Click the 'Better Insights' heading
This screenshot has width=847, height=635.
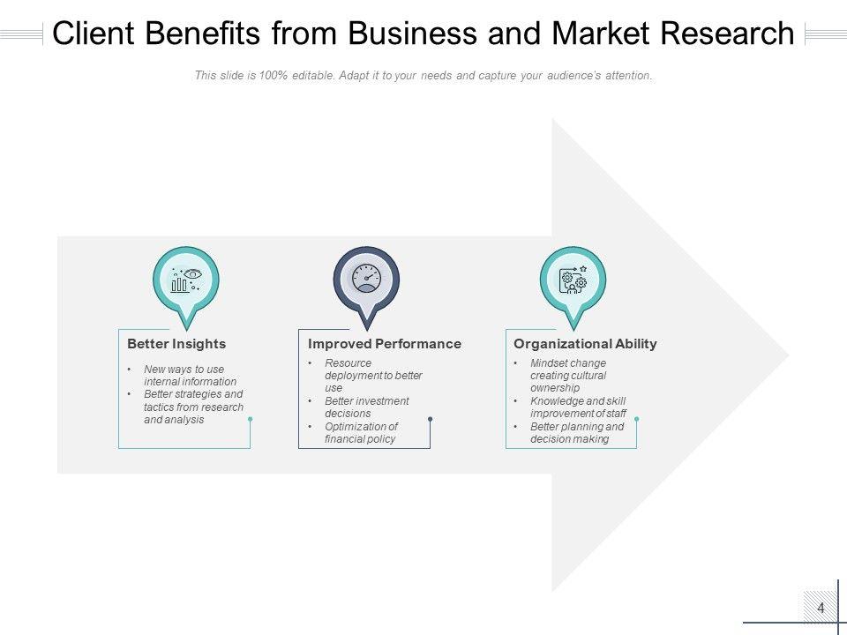point(176,344)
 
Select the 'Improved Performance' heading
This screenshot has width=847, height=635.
point(384,344)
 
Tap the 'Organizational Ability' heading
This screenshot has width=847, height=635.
point(585,344)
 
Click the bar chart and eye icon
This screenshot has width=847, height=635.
point(185,280)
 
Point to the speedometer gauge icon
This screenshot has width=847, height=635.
point(366,279)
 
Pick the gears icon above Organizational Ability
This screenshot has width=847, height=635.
point(573,280)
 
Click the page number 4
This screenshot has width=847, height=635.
point(821,608)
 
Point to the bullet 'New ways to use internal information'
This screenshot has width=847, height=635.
point(190,376)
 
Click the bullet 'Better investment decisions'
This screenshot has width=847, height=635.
point(366,407)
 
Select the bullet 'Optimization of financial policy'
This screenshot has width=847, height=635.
point(361,432)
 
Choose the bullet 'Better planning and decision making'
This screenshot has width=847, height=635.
point(576,432)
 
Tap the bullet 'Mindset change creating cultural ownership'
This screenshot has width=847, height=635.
point(568,375)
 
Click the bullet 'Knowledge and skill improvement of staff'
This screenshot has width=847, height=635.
point(578,407)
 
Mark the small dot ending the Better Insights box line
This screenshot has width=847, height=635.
point(251,419)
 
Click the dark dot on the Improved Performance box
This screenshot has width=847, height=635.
point(430,419)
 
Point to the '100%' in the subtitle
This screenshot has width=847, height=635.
point(275,76)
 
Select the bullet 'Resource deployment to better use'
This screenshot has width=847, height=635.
point(373,375)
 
